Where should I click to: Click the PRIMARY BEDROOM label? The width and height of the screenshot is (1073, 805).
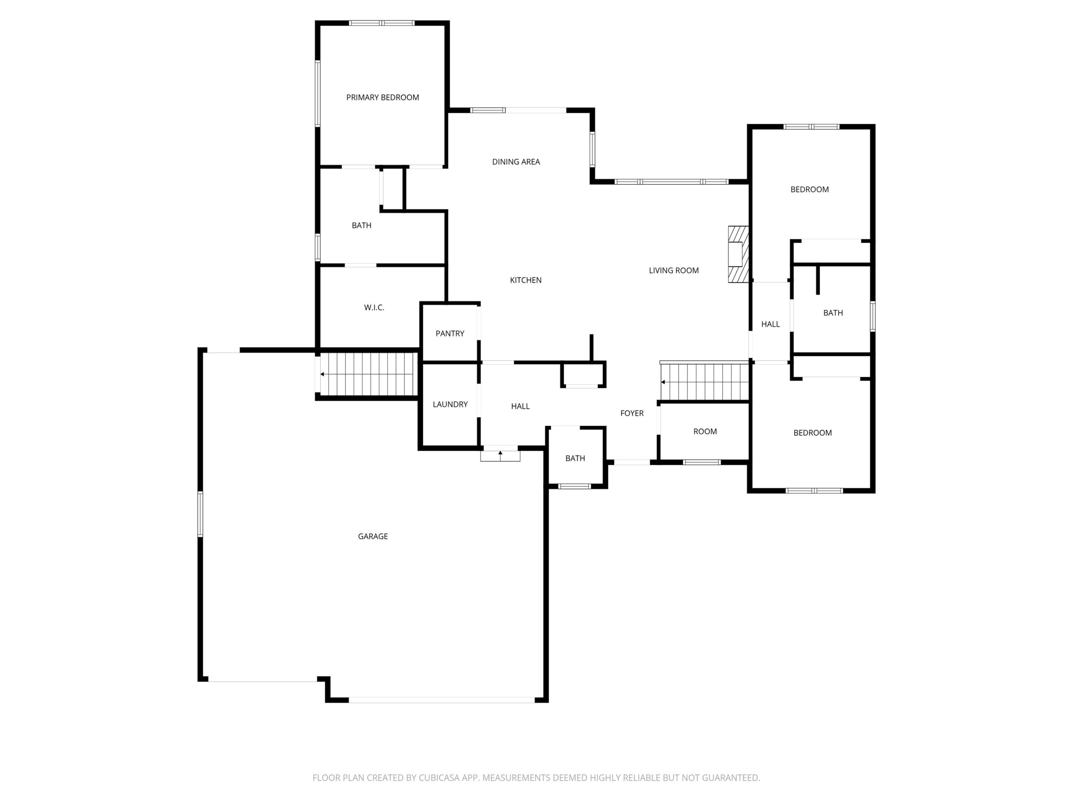[382, 98]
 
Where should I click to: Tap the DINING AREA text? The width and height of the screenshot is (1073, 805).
[516, 162]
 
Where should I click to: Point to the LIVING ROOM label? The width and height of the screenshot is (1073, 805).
[674, 270]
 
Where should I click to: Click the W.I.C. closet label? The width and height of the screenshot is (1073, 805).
[374, 308]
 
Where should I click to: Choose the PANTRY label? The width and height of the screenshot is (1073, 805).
[450, 333]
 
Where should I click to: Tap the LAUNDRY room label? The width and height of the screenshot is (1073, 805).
[450, 404]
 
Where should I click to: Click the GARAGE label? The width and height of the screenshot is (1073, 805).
[373, 536]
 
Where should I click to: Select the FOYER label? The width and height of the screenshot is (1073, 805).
[632, 413]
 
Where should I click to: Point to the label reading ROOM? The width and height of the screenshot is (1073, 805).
[705, 431]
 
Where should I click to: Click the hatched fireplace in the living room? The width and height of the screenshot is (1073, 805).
[738, 254]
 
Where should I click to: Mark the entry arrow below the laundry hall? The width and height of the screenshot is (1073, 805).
[500, 455]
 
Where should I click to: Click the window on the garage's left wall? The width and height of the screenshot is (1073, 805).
[200, 514]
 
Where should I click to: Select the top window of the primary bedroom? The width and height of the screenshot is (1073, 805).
[382, 23]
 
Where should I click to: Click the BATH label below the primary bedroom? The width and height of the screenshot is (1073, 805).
[361, 226]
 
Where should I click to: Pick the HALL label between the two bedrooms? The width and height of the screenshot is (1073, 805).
[770, 324]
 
